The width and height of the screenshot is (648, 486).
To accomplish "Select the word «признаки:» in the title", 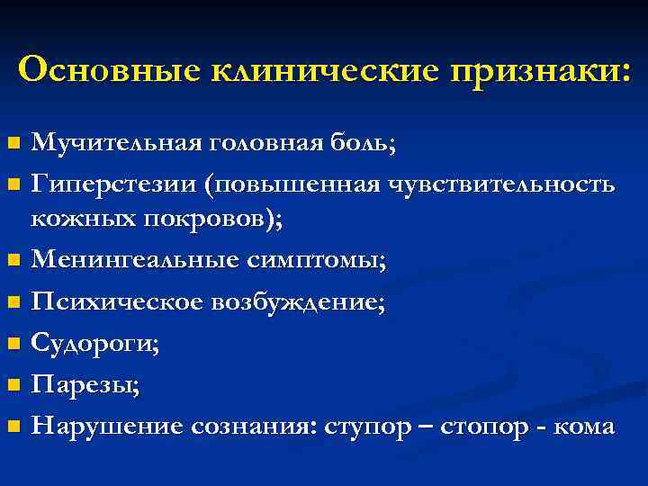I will click(x=542, y=69).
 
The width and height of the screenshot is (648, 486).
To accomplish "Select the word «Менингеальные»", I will click(x=133, y=262).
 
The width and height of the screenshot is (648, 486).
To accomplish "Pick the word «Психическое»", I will click(x=117, y=303).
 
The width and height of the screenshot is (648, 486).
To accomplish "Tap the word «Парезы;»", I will click(x=85, y=385).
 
